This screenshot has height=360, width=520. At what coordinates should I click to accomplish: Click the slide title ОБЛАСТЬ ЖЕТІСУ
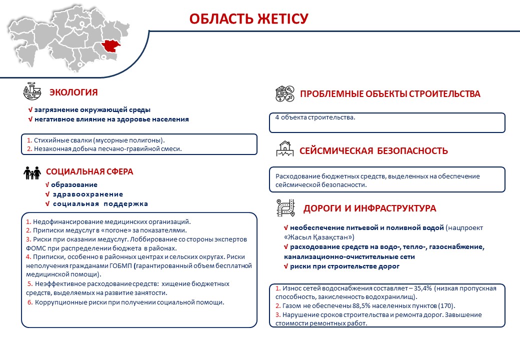pyautogui.click(x=248, y=19)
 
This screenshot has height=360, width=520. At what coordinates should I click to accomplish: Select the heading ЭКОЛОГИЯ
pyautogui.click(x=73, y=92)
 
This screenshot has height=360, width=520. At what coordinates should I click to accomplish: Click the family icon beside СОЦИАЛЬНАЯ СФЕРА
pyautogui.click(x=31, y=173)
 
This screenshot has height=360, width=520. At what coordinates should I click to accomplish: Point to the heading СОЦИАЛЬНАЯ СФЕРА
pyautogui.click(x=89, y=171)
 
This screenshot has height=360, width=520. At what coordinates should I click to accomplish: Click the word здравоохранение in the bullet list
pyautogui.click(x=87, y=194)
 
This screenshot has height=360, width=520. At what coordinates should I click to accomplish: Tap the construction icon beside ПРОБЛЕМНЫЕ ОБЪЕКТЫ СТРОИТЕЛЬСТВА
pyautogui.click(x=284, y=93)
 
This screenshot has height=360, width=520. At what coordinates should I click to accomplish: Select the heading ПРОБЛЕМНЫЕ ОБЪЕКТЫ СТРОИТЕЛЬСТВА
pyautogui.click(x=389, y=94)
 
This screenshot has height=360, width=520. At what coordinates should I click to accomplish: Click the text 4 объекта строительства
pyautogui.click(x=315, y=118)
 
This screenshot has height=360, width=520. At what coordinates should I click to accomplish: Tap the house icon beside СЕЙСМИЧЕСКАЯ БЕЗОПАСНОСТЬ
pyautogui.click(x=284, y=148)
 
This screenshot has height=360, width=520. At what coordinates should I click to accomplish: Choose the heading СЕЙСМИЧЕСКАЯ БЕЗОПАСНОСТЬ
pyautogui.click(x=373, y=151)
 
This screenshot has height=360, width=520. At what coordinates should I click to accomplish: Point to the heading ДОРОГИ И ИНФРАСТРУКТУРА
pyautogui.click(x=369, y=208)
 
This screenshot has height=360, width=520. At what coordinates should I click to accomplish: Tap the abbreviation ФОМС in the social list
pyautogui.click(x=37, y=248)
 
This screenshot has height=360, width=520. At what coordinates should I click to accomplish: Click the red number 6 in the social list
pyautogui.click(x=29, y=302)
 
